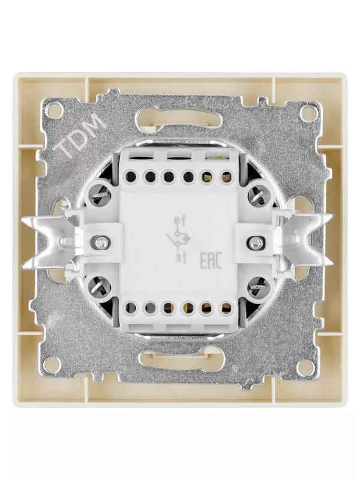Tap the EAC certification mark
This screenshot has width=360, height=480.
click(211, 261)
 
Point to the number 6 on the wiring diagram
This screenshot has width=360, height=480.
click(176, 220)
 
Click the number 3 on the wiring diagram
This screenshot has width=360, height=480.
click(177, 259)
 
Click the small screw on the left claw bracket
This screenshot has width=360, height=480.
click(101, 242)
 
